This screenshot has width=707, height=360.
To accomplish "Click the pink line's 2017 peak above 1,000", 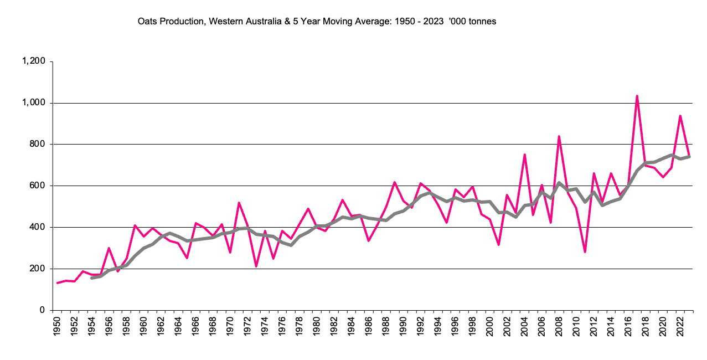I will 637,96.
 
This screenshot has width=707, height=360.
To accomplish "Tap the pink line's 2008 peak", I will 559,136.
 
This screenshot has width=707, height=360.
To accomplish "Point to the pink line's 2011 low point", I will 585,252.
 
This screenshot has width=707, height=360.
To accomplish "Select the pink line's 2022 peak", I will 680,116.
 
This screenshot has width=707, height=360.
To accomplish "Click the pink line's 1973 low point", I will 256,266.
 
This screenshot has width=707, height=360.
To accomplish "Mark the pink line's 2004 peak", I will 524,155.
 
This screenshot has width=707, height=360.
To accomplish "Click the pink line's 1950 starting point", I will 57,283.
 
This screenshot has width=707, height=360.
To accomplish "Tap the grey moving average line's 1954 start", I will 91,277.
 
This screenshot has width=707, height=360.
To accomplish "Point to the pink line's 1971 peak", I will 239,203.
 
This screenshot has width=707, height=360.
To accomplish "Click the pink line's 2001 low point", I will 499,244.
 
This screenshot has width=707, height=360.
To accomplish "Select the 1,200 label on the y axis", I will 34,61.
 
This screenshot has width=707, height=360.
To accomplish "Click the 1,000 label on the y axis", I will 34,103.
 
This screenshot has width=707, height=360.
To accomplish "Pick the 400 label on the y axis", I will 37,227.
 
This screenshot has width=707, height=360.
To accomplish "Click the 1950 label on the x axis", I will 57,327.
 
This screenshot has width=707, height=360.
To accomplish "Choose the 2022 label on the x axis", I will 680,327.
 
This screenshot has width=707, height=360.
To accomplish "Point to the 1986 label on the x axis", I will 369,327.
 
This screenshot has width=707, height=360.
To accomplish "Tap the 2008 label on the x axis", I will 559,327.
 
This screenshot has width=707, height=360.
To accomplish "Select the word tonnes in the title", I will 483,22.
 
